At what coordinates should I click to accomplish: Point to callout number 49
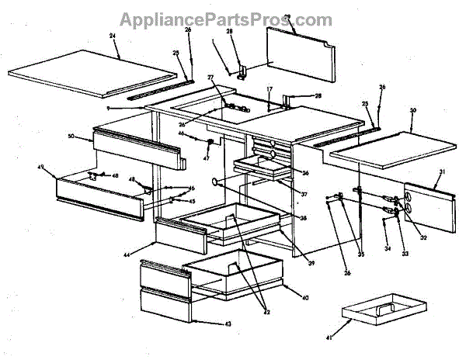(40, 166)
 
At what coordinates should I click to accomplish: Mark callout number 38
(304, 218)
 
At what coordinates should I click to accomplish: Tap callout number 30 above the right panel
(413, 110)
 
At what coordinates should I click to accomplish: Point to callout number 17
(270, 91)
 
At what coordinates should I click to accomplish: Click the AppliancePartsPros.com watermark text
(225, 19)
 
